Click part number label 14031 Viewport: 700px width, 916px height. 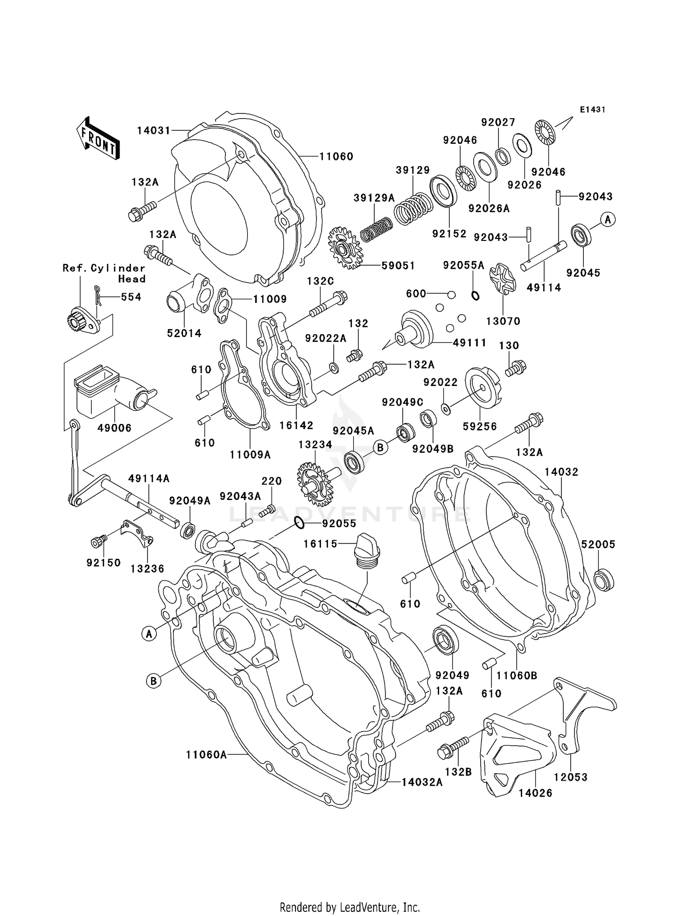click(x=154, y=130)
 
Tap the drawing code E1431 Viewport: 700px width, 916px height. click(x=592, y=110)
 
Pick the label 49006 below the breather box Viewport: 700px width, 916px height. click(x=114, y=428)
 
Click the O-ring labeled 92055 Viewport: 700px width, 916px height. click(x=300, y=523)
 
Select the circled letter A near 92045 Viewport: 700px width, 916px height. click(x=608, y=219)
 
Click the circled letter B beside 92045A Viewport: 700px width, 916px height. click(x=380, y=448)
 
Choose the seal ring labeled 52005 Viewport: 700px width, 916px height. click(x=603, y=579)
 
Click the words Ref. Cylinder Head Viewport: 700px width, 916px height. click(x=105, y=274)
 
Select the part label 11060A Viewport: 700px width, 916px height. click(x=206, y=754)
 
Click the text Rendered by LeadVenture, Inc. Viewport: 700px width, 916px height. click(x=350, y=907)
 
